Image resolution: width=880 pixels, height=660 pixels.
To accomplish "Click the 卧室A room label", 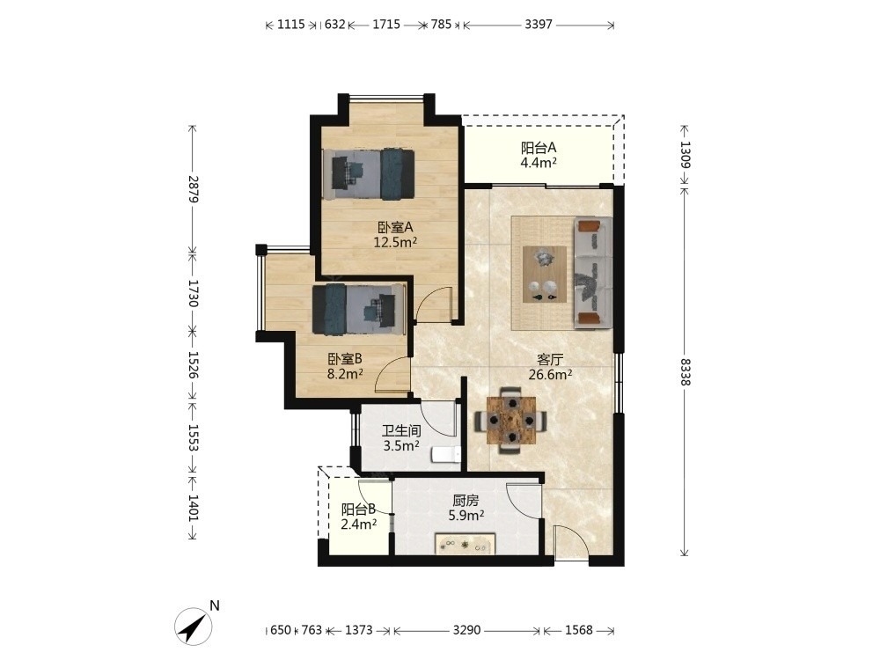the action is pos(395,227).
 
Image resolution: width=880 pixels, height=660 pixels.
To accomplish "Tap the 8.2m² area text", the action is pos(345,374).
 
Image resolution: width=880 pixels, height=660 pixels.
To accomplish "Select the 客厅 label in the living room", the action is pos(549,359).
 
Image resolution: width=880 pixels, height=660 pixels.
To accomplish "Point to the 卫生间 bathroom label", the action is pos(401,431).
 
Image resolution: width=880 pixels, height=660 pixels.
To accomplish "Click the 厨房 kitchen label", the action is pos(466,500).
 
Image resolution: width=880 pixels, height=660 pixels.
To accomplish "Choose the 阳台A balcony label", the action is pos(539,148).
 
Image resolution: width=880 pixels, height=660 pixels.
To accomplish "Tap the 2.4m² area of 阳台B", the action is pos(358,524).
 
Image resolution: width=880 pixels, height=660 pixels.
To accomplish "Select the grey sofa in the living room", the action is pos(592,274).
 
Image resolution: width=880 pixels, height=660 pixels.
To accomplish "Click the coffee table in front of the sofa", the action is pos(545,275).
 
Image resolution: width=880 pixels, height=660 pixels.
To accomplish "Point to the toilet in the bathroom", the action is pos(446,454).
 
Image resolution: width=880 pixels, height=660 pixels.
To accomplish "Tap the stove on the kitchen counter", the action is pos(465,545).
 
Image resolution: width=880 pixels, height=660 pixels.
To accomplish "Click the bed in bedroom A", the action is pos(369,174).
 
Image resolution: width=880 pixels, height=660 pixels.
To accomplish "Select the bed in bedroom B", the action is pos(359,309).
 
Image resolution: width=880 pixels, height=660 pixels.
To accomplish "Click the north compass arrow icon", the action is pos(193,626).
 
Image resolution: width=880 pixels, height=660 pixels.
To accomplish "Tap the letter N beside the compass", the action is pos(215,606).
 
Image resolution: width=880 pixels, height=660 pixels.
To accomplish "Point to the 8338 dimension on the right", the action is pos(685,371).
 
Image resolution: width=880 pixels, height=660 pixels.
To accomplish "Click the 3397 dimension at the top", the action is pos(539,24).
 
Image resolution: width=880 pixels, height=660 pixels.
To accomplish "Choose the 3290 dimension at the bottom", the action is pos(466,630).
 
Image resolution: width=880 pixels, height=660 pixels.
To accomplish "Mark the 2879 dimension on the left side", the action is pos(193,189).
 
